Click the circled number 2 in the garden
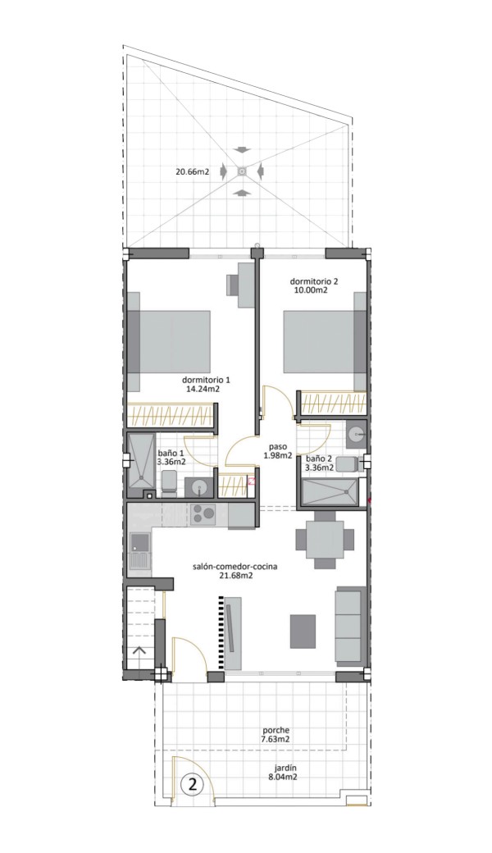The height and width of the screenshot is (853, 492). [192, 784]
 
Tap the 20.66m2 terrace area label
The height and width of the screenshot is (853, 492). [192, 172]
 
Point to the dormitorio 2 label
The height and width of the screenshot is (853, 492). [314, 285]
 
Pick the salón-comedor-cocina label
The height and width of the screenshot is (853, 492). [235, 571]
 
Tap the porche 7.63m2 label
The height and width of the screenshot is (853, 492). [276, 734]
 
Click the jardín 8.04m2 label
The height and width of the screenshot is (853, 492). [285, 773]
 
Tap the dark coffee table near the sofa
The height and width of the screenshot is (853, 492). [303, 631]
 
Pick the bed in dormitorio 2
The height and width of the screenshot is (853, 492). [324, 341]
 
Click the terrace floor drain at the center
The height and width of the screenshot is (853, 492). [242, 172]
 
